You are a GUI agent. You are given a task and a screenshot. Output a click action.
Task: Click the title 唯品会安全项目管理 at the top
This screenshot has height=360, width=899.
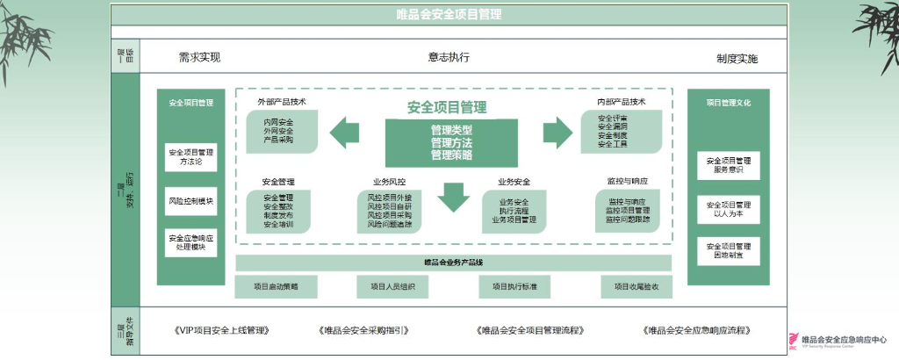click(x=449, y=15)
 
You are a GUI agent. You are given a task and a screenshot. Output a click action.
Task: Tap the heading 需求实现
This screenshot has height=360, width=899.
click(x=199, y=58)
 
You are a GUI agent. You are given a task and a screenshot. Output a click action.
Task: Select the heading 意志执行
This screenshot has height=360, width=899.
click(x=449, y=58)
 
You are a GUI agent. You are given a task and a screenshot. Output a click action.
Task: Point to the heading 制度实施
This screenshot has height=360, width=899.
click(x=737, y=59)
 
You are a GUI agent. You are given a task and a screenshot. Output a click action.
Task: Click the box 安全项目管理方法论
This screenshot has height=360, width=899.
click(x=191, y=157)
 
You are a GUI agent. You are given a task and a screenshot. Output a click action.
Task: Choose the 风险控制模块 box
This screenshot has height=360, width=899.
click(x=191, y=201)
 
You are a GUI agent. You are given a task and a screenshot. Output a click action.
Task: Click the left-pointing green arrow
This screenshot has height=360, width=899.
click(x=344, y=133)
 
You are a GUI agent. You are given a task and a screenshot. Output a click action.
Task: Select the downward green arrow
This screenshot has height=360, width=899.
click(x=454, y=196)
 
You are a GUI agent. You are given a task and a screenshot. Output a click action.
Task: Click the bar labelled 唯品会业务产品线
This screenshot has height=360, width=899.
click(x=453, y=263)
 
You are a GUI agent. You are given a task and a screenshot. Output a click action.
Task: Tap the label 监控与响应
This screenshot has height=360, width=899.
click(x=627, y=181)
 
